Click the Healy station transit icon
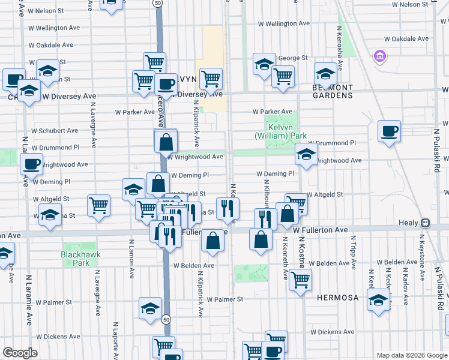point(425,223)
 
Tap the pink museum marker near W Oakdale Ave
point(379,57)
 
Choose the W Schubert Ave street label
point(54,130)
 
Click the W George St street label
point(292,58)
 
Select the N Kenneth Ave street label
point(285,258)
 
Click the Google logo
point(20,352)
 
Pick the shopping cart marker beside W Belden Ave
point(300,279)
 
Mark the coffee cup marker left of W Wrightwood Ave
point(31,163)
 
